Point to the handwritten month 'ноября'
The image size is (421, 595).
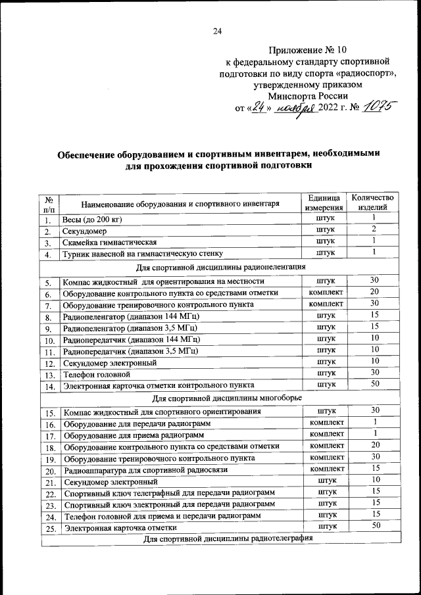tap(293, 108)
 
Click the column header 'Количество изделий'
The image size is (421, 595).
tap(373, 202)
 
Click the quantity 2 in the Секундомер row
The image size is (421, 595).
tap(373, 230)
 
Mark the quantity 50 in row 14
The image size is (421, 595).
tap(373, 384)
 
